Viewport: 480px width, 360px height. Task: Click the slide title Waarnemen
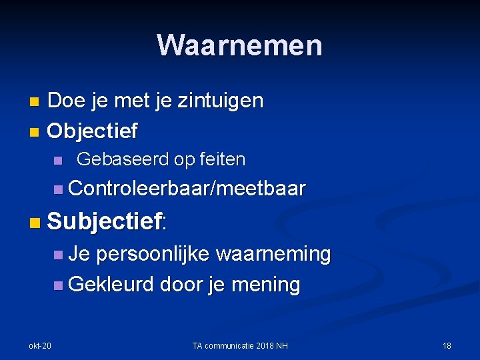[240, 45]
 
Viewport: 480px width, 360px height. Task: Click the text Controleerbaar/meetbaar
[187, 189]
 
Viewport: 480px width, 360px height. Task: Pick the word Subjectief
[105, 221]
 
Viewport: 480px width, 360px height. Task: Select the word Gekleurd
[111, 285]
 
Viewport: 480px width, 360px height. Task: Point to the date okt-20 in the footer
[39, 345]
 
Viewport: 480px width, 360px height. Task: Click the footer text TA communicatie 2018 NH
[239, 345]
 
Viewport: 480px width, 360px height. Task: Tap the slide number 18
[447, 345]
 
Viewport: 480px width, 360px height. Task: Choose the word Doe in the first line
[65, 101]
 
